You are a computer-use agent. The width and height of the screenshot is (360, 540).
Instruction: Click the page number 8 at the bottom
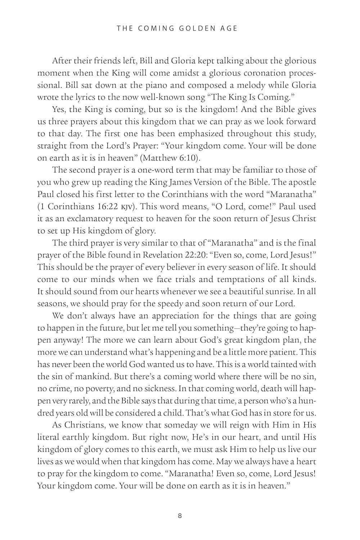[180, 516]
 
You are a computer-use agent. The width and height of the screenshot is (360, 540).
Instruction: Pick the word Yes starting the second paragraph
[59, 110]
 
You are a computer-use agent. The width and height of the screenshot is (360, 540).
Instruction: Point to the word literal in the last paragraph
[48, 437]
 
